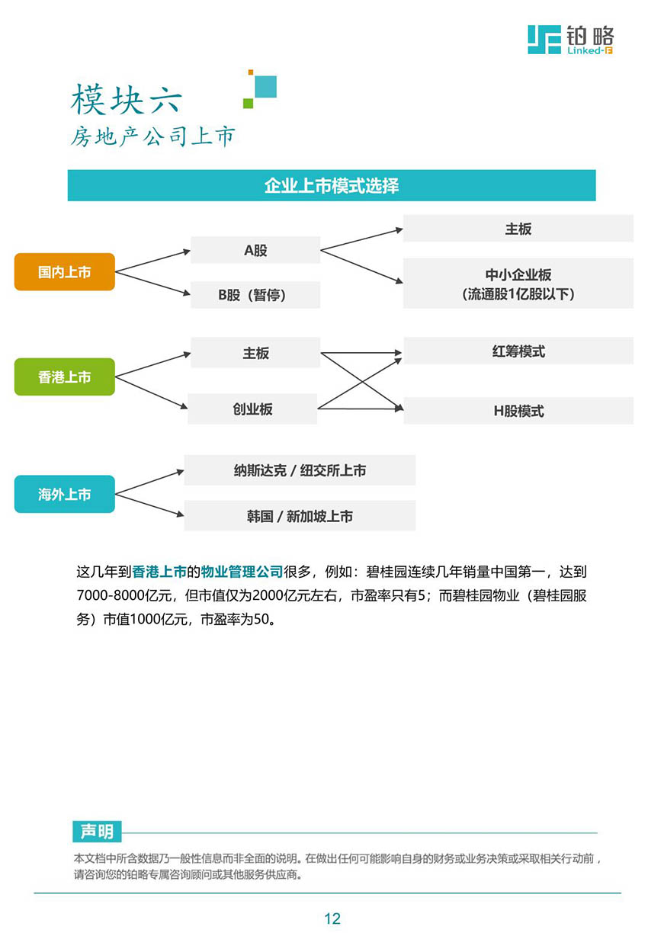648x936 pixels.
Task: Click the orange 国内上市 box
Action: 64,271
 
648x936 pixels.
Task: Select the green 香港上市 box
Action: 64,377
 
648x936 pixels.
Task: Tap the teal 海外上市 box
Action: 64,494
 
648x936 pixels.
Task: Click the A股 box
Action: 255,250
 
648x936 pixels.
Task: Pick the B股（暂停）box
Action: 255,294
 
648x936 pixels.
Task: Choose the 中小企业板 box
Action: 518,284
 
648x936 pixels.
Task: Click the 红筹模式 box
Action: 518,351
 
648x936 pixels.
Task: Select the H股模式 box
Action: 518,411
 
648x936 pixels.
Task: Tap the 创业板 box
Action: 252,409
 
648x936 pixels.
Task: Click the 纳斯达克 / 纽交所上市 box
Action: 300,470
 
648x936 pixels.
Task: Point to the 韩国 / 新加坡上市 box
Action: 300,515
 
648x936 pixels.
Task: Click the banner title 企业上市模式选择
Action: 332,185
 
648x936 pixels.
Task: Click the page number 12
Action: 332,918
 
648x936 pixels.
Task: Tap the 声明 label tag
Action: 97,832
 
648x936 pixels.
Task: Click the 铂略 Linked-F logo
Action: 570,40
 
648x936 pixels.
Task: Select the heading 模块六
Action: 127,99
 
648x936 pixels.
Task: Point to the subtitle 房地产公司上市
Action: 152,136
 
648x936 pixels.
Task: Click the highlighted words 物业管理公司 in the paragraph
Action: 242,571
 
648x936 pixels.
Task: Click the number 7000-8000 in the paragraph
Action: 111,595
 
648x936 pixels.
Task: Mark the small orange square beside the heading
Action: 251,72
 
